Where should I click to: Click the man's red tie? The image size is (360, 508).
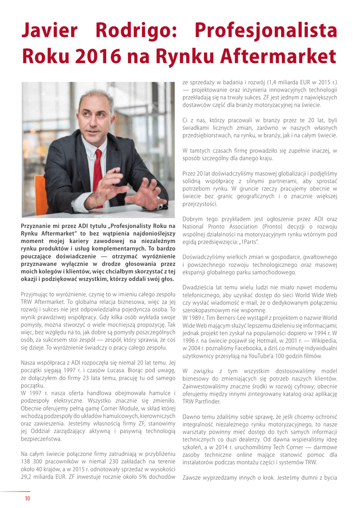98,171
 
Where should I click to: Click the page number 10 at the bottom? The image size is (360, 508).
28,498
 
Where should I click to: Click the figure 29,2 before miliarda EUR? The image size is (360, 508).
28,477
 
